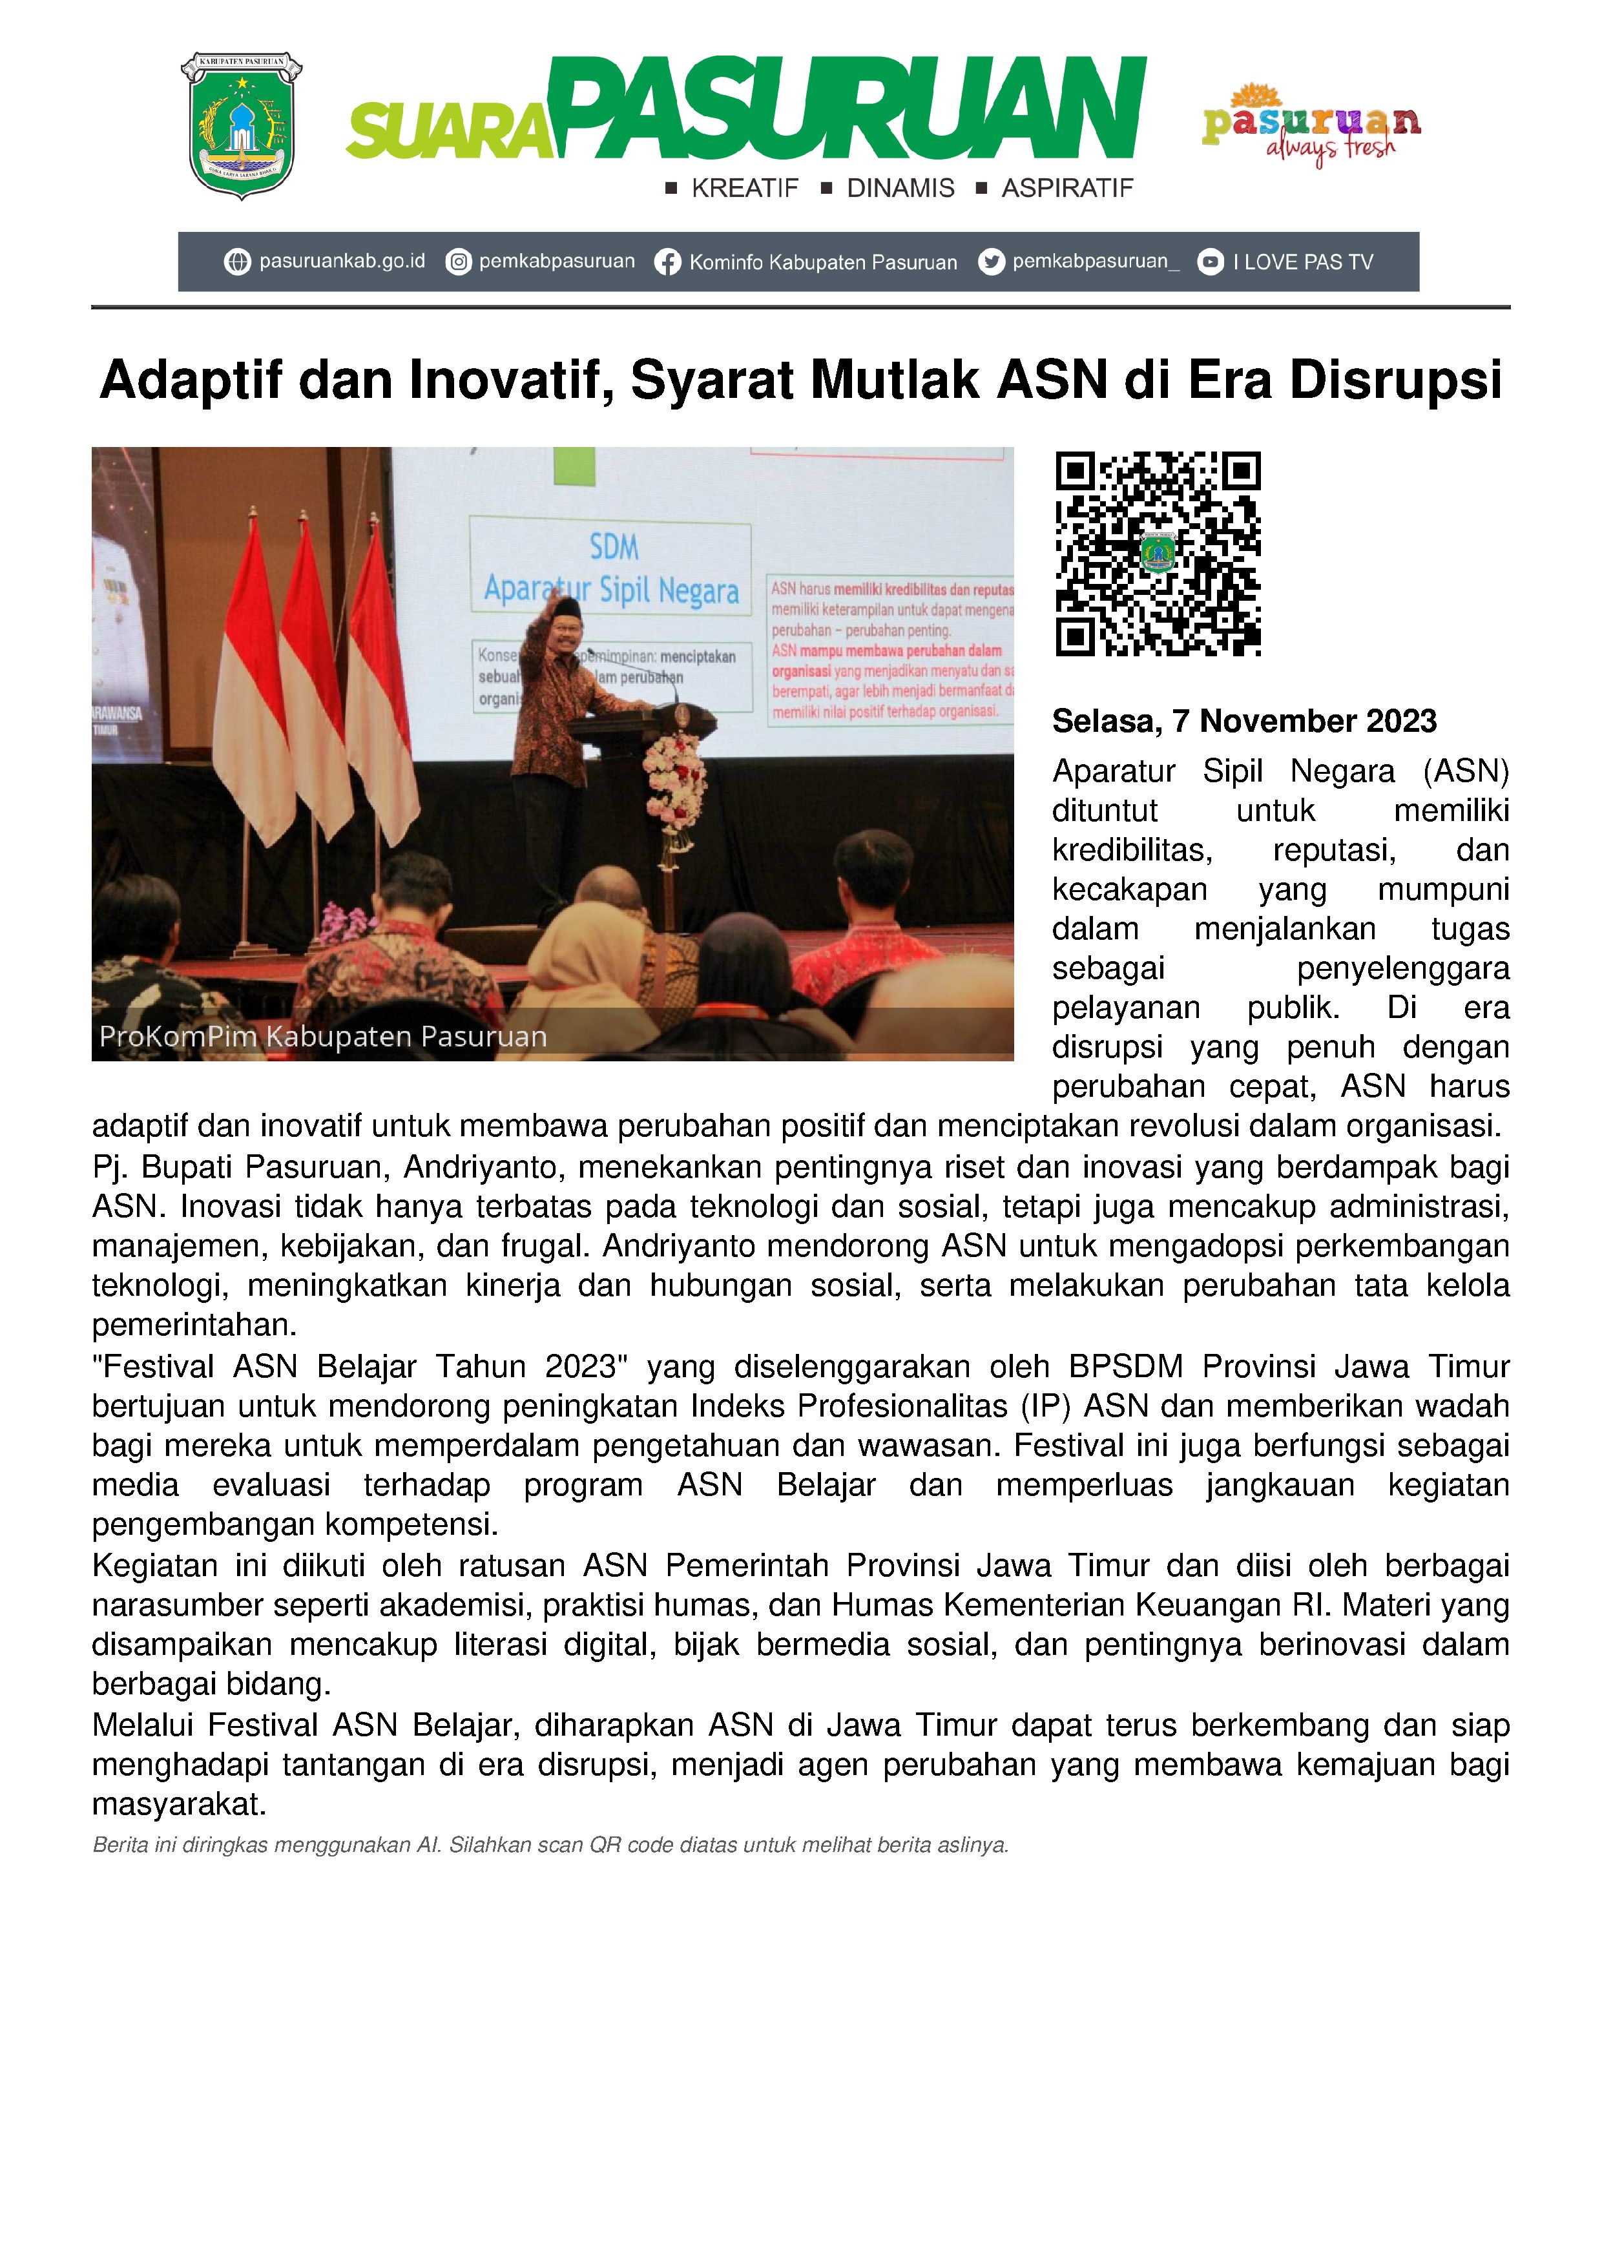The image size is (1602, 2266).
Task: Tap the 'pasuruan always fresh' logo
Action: [1311, 125]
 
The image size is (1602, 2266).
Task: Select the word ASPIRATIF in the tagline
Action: [1067, 189]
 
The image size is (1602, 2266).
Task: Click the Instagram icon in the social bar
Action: [458, 262]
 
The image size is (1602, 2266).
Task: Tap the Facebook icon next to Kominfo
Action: [667, 262]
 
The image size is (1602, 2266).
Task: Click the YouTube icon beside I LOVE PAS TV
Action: [1210, 262]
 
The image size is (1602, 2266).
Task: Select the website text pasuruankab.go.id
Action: [342, 262]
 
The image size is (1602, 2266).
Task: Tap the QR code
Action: [1158, 554]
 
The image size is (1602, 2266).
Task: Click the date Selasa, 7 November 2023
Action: [1243, 722]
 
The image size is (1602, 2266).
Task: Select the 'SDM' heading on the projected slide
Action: [614, 546]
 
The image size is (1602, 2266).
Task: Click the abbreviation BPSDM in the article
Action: [1125, 1367]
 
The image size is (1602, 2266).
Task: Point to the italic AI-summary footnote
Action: [550, 1845]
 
